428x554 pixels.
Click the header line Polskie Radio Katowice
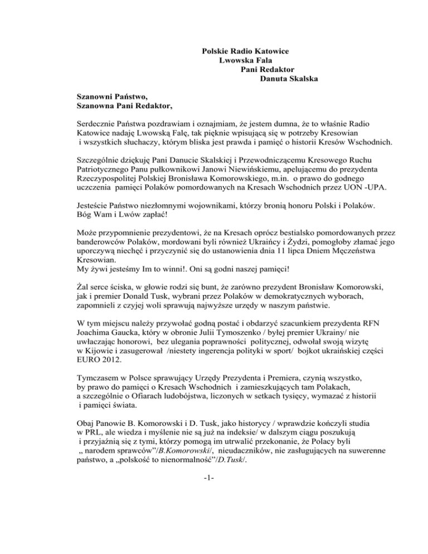249,51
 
